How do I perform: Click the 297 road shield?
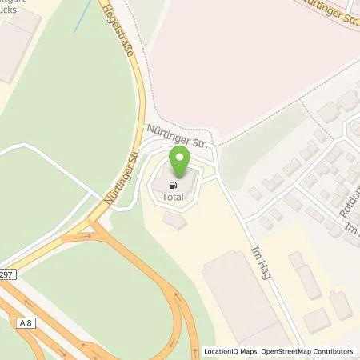point(6,273)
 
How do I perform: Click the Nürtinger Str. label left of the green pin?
point(121,177)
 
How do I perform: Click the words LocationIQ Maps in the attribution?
point(232,351)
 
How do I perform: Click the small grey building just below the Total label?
point(175,221)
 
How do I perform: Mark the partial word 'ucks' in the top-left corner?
point(13,10)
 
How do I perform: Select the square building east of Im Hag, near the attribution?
point(316,320)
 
